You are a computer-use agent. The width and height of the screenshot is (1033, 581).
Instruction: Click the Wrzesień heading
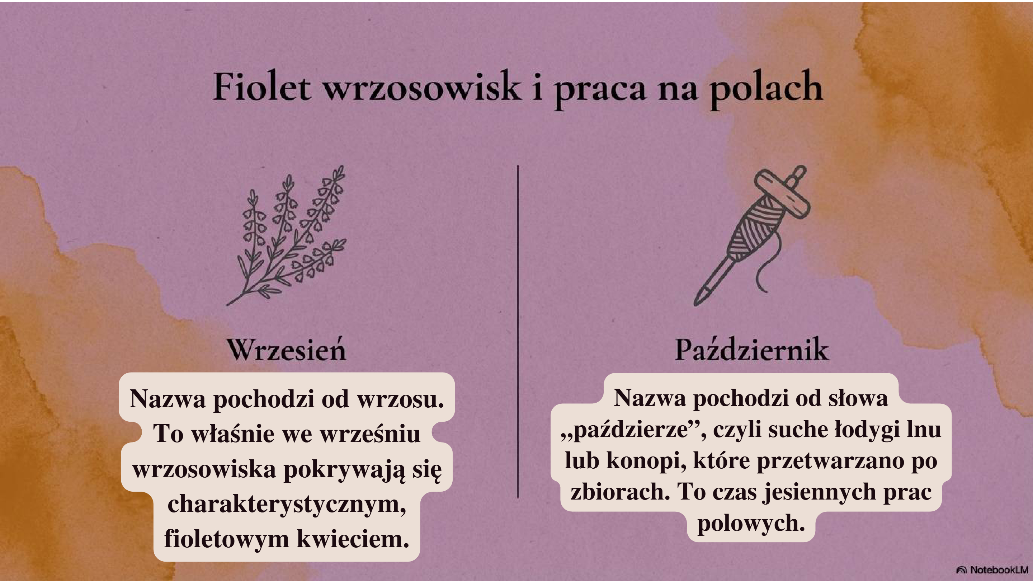[x=286, y=350]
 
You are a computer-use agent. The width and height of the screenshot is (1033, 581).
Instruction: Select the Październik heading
[x=751, y=350]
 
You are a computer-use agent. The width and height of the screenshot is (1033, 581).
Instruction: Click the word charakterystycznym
[x=286, y=504]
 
